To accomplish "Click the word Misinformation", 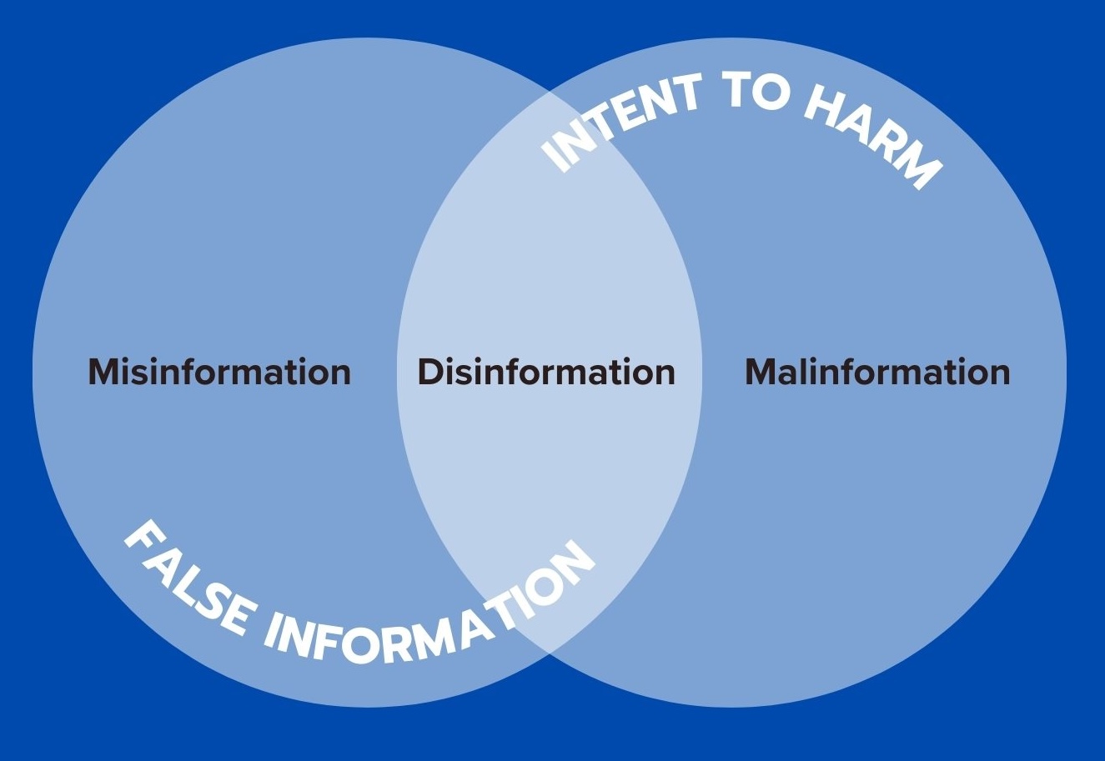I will (219, 372).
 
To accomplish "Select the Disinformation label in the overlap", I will (546, 372).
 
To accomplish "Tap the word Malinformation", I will (876, 372).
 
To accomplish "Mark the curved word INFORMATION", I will (433, 617).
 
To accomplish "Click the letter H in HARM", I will (825, 105).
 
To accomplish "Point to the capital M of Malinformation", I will (761, 372).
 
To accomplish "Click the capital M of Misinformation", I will (104, 372).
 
